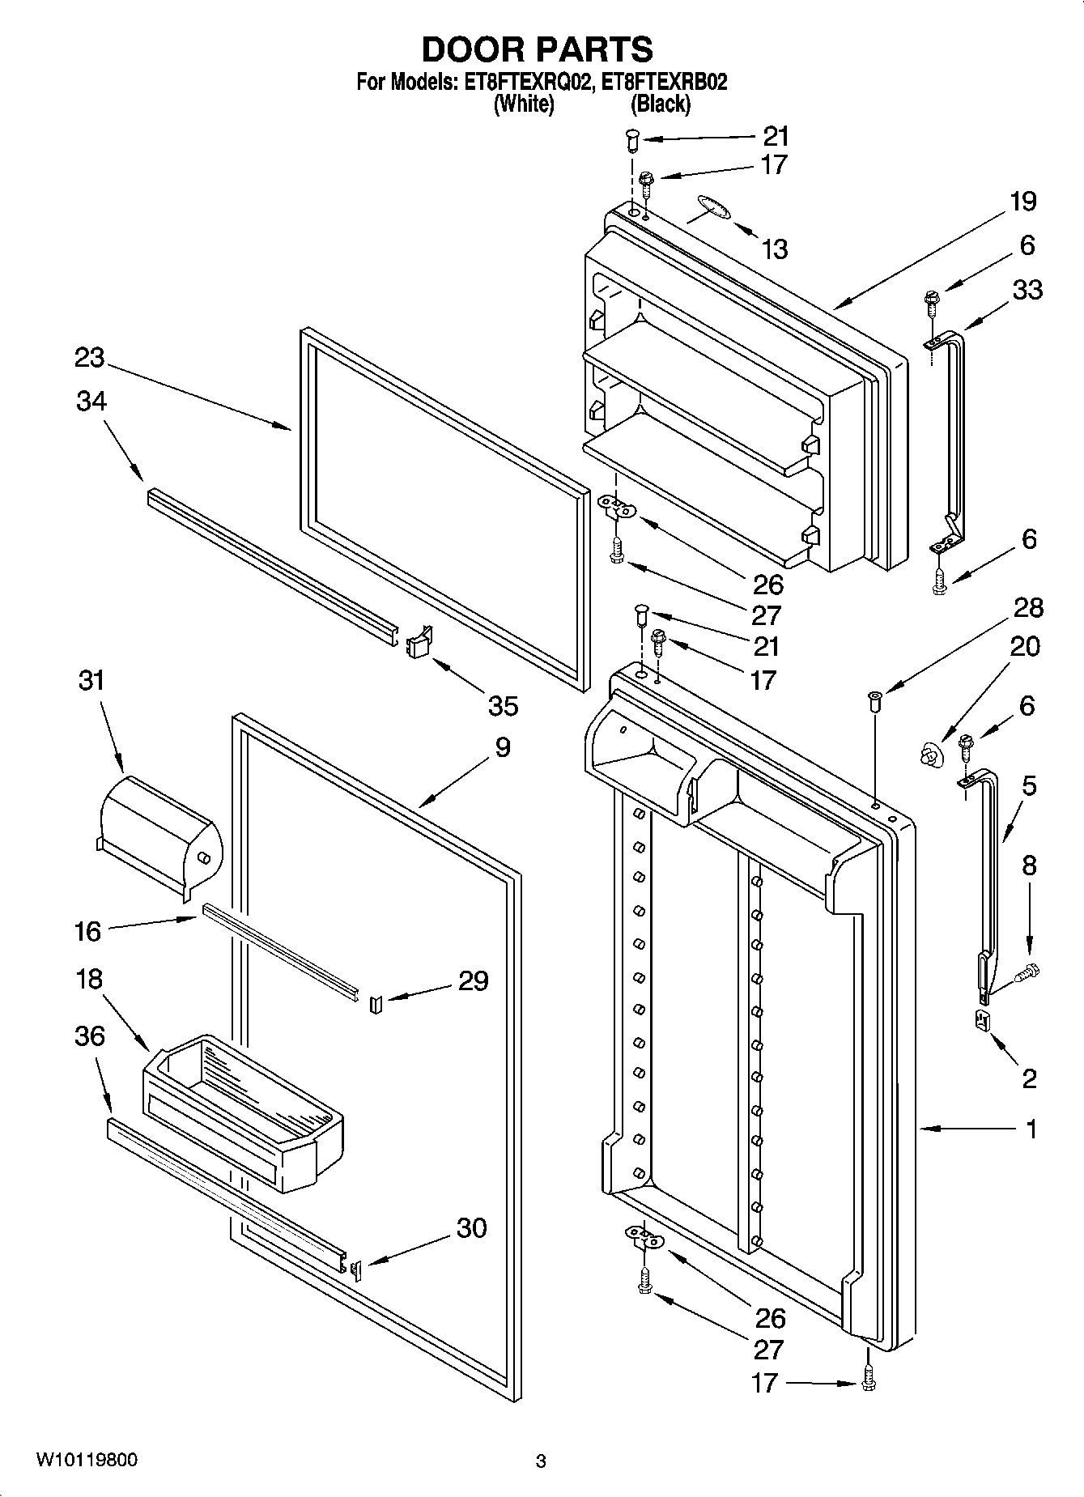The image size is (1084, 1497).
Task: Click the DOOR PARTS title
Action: (538, 50)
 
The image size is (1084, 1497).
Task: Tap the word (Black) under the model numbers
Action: (660, 104)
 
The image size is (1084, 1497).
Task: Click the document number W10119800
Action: (87, 1460)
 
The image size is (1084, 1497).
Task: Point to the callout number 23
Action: (90, 357)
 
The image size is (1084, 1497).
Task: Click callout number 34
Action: (91, 401)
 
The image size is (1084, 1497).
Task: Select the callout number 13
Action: (774, 249)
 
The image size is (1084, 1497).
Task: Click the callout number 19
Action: (1023, 201)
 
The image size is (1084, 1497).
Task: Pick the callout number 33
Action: (1027, 289)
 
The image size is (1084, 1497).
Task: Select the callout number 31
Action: (91, 679)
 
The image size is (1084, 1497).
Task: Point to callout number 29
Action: (473, 980)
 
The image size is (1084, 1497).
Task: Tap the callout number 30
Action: (471, 1227)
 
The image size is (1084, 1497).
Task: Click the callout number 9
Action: (502, 746)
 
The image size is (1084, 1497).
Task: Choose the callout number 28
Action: (1027, 608)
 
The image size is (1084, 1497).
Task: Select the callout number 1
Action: (1031, 1129)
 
